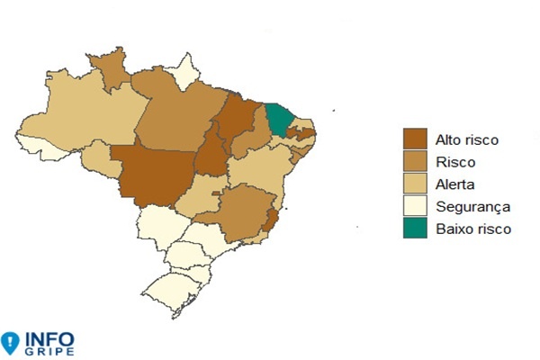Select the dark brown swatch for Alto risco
pyautogui.click(x=415, y=139)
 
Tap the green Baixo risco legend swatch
pyautogui.click(x=415, y=229)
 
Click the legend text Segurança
pyautogui.click(x=472, y=207)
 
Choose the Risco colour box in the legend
pyautogui.click(x=415, y=162)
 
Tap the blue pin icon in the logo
pyautogui.click(x=10, y=342)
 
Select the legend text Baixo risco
pyautogui.click(x=472, y=229)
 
